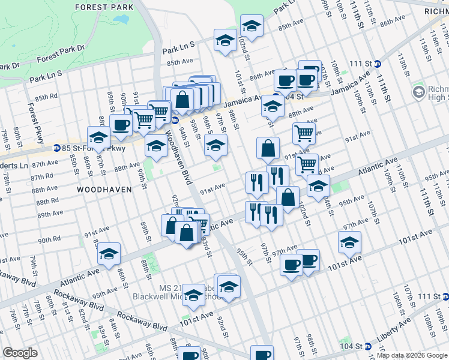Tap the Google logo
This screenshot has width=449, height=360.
click(x=20, y=353)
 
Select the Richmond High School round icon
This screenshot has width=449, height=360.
click(x=418, y=92)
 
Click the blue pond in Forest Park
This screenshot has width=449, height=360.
click(x=120, y=19)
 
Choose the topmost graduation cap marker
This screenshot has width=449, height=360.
click(x=252, y=25)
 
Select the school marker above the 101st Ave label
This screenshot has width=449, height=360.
click(x=349, y=242)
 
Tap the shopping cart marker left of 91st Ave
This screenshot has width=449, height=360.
click(x=304, y=133)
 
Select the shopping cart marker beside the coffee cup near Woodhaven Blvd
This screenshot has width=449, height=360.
click(x=143, y=119)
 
